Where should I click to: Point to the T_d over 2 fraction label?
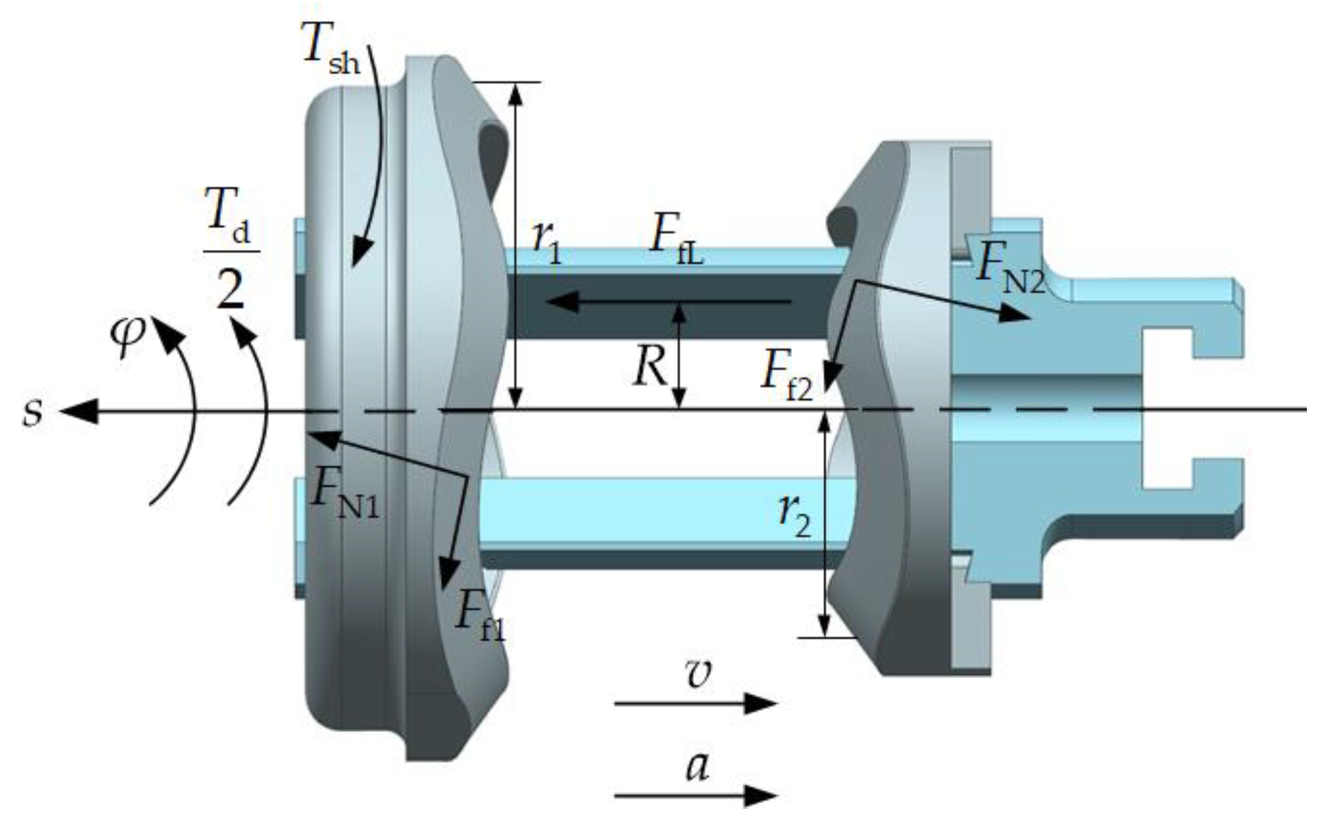coord(231,248)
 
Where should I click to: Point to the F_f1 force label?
coord(480,617)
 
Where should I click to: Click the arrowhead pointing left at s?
coord(78,411)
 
